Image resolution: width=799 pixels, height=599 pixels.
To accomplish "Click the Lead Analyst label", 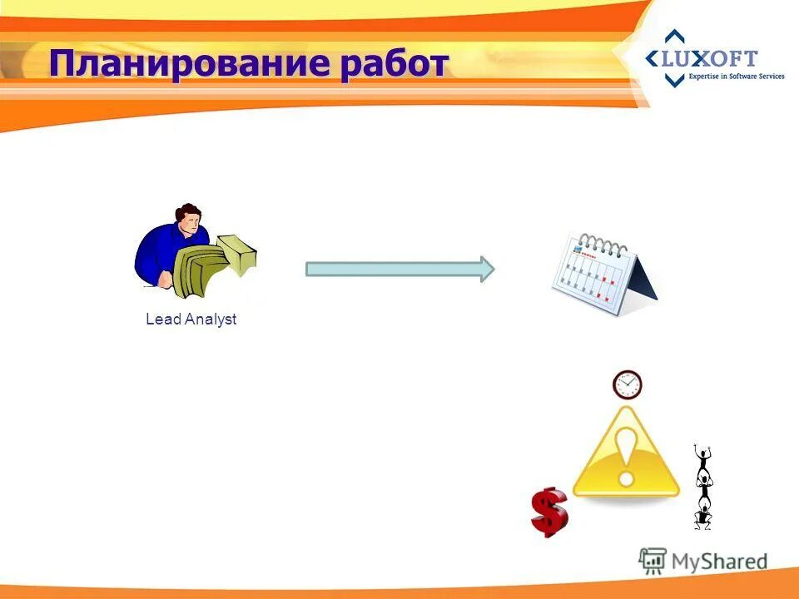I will (191, 319).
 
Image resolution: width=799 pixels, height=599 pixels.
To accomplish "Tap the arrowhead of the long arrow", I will (486, 269).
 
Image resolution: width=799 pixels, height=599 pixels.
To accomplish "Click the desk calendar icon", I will (603, 275).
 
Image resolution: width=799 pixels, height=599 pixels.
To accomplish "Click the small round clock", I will (628, 384).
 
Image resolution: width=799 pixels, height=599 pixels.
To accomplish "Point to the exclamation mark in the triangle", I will (626, 453).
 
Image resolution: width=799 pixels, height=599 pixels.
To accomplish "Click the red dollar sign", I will (548, 512).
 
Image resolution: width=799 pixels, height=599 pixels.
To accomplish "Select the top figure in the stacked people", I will (703, 458).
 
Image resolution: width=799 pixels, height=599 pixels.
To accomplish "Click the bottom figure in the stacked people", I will (703, 516).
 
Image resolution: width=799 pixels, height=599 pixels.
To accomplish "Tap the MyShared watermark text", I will (719, 562).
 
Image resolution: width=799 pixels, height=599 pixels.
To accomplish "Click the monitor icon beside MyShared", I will (653, 560).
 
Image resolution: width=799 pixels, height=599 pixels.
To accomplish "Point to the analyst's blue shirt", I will (158, 254).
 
